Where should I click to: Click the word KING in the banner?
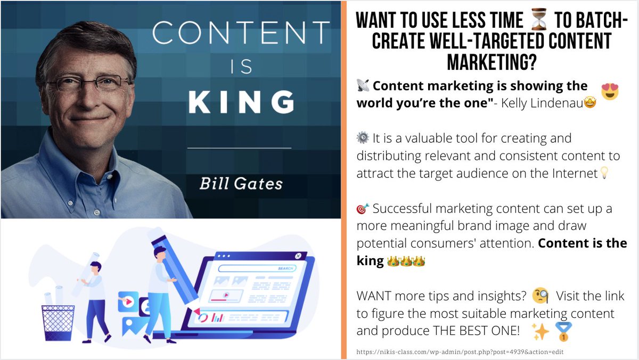(x=241, y=102)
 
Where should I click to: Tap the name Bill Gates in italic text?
(x=241, y=184)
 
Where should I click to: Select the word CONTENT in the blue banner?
(x=241, y=33)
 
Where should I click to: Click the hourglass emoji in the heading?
(x=539, y=22)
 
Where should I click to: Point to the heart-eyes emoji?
(x=610, y=91)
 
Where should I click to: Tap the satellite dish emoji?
(x=363, y=86)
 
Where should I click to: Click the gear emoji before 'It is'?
(x=363, y=138)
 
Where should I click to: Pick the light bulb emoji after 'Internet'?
(x=603, y=174)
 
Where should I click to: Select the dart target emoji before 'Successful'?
(x=363, y=208)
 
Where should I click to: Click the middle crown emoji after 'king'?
(x=405, y=261)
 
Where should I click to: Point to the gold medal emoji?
(x=563, y=331)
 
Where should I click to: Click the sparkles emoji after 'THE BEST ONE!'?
(x=540, y=331)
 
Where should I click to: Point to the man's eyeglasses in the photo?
(x=88, y=81)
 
